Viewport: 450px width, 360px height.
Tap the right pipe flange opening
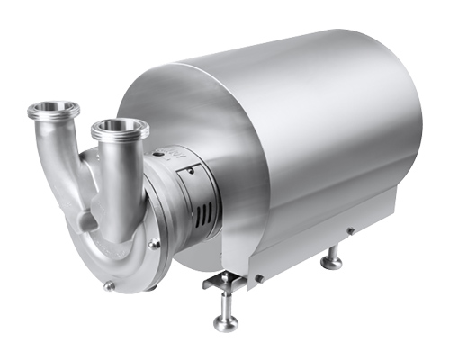[119, 127]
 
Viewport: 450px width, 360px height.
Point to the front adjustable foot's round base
[226, 321]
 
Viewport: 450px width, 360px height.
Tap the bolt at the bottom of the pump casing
[110, 286]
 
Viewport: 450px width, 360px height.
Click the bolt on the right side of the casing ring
[156, 244]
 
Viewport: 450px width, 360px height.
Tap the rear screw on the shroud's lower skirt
[350, 231]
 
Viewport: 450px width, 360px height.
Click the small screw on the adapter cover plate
[194, 171]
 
